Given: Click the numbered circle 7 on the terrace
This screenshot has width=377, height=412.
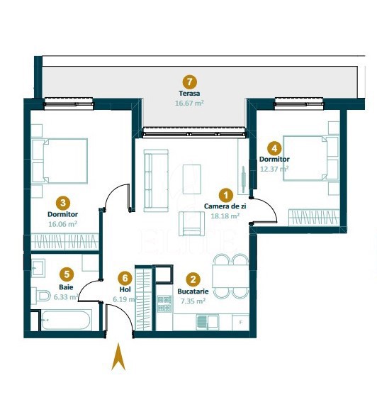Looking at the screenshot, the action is coord(189,82).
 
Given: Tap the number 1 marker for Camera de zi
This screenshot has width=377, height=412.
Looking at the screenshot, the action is coord(226,195).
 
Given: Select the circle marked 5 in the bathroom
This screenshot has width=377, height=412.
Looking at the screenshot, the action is coord(67,274).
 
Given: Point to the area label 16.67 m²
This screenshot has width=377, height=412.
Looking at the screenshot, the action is coord(189,103).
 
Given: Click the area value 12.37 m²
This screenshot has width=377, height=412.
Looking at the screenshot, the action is coord(274,169).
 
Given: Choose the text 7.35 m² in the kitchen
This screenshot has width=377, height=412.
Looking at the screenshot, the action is coord(193,301).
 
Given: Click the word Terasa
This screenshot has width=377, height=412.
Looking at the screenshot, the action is coord(189,94).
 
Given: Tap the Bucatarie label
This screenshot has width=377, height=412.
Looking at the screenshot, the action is coord(193,291).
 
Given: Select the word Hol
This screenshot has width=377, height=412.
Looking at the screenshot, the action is coord(125,289).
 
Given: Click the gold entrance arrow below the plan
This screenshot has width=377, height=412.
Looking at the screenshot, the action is coord(118,357).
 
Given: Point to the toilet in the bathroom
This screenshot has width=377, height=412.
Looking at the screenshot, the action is coord(40,296).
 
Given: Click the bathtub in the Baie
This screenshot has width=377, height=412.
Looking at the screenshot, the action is coord(66,320).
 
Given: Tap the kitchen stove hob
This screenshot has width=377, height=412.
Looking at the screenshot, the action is coord(164,304).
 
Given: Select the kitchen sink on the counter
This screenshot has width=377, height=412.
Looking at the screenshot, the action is coord(207,322).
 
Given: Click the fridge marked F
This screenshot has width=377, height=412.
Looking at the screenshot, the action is coord(240,322).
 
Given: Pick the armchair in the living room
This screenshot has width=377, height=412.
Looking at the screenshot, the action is coord(191,223).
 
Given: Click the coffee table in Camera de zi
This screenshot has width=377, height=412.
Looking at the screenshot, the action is coord(192,179).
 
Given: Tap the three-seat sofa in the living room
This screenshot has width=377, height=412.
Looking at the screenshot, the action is coord(156,181).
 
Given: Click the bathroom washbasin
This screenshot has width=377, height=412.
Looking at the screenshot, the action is coord(38,268).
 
